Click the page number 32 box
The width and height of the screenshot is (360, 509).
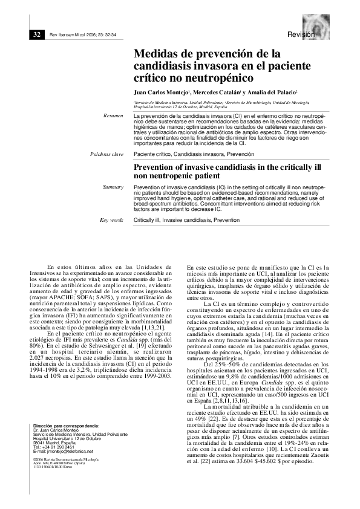[x=36, y=34]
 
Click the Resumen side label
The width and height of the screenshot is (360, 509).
[x=113, y=114]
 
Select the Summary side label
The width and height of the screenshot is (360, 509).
[x=113, y=187]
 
